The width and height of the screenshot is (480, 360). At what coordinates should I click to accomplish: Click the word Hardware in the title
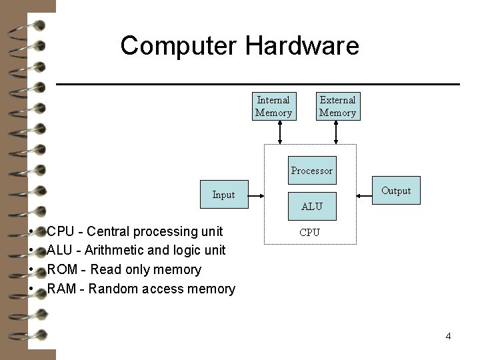click(x=302, y=45)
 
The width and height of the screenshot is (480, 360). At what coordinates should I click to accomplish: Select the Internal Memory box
click(x=273, y=107)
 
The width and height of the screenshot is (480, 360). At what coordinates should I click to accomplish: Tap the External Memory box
click(x=337, y=107)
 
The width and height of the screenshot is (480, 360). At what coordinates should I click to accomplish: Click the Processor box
click(x=311, y=171)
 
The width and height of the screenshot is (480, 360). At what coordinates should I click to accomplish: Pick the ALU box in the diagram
click(x=311, y=206)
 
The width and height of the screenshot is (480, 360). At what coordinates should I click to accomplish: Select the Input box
click(x=223, y=195)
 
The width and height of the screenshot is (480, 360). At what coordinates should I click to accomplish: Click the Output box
click(x=396, y=191)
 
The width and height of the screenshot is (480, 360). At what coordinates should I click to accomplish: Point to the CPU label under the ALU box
click(x=309, y=233)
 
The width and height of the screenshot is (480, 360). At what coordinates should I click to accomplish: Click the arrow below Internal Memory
click(x=280, y=132)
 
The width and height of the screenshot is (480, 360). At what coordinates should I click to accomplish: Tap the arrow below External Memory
click(x=337, y=132)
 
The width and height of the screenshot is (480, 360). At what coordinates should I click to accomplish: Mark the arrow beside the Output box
click(x=364, y=196)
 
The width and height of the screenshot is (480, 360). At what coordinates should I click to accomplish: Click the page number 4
click(x=448, y=336)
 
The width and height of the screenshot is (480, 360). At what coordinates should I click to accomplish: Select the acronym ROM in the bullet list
click(x=63, y=270)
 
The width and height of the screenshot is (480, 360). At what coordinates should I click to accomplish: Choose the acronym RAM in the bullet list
click(x=62, y=289)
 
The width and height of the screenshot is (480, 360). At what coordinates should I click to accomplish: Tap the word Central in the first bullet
click(x=109, y=232)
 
